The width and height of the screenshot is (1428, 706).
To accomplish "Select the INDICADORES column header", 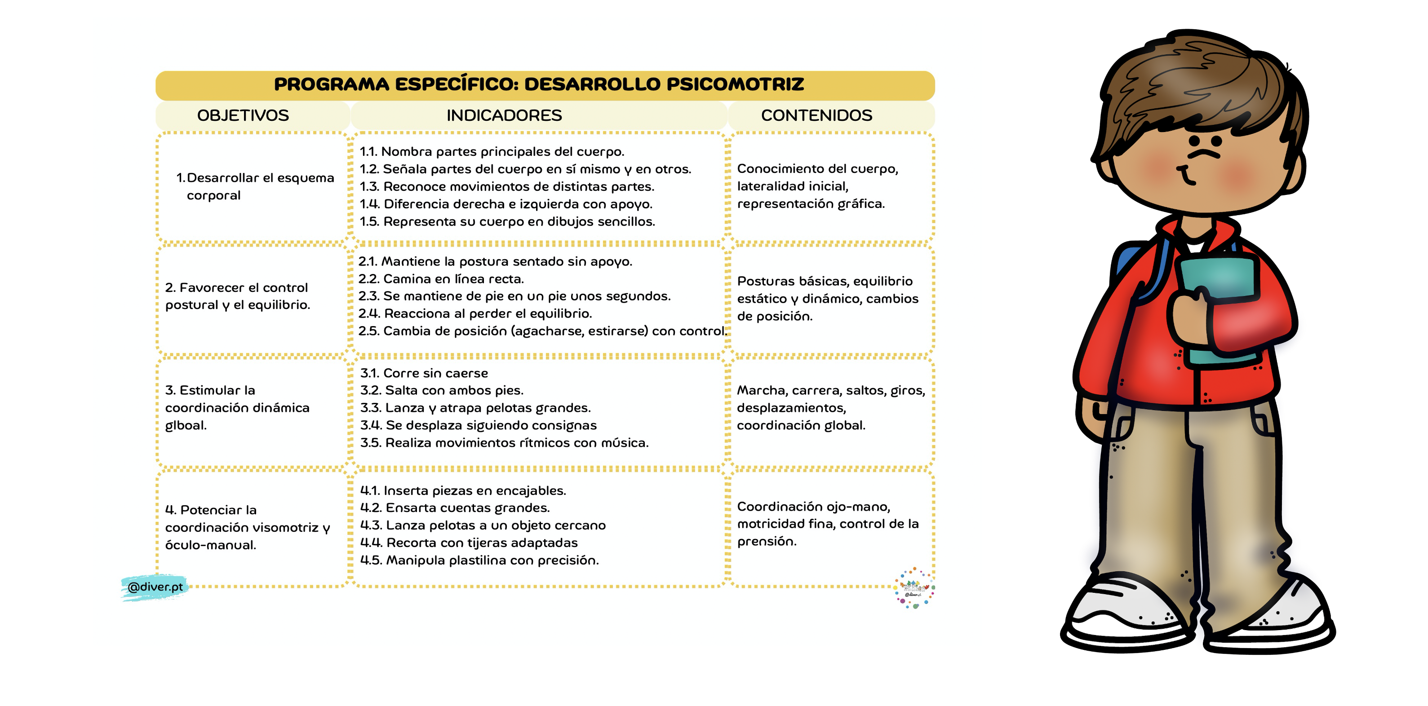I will [x=504, y=115].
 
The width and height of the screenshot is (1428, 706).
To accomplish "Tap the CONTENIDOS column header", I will [x=816, y=115].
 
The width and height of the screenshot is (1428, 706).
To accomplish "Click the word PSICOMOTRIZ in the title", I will [x=735, y=84].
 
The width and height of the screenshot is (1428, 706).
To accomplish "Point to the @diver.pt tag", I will [x=155, y=587].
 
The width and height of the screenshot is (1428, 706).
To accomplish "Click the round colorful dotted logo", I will [x=914, y=588].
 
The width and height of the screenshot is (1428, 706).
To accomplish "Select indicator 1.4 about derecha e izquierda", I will [x=506, y=204].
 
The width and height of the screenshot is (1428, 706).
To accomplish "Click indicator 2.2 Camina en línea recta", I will [x=441, y=279].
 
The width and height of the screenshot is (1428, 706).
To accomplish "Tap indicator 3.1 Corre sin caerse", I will [x=424, y=373].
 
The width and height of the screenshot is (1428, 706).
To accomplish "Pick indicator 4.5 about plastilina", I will [x=479, y=560].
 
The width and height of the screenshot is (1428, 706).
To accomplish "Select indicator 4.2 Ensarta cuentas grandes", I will [x=455, y=507].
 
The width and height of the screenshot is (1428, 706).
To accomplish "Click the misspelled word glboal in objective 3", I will [x=186, y=426].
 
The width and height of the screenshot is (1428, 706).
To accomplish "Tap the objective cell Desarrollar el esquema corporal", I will [x=255, y=186].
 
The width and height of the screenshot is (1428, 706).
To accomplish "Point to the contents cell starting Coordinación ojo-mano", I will [x=827, y=524].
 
